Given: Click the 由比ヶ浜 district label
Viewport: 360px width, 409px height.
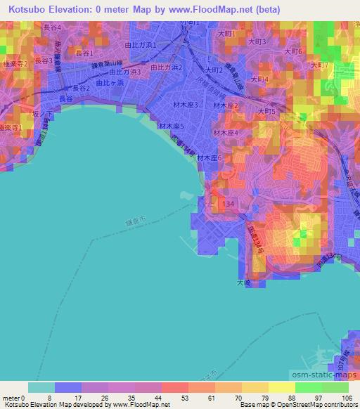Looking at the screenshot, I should click(x=108, y=82).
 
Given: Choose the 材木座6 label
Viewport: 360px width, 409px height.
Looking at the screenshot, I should click(x=210, y=158).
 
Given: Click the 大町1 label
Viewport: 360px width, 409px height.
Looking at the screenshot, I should click(x=226, y=34).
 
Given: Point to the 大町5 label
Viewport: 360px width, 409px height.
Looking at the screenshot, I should click(x=268, y=111).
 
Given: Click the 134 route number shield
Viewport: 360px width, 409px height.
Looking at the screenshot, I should click(x=227, y=202).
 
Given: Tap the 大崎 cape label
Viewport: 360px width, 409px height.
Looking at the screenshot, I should click(x=243, y=283).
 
